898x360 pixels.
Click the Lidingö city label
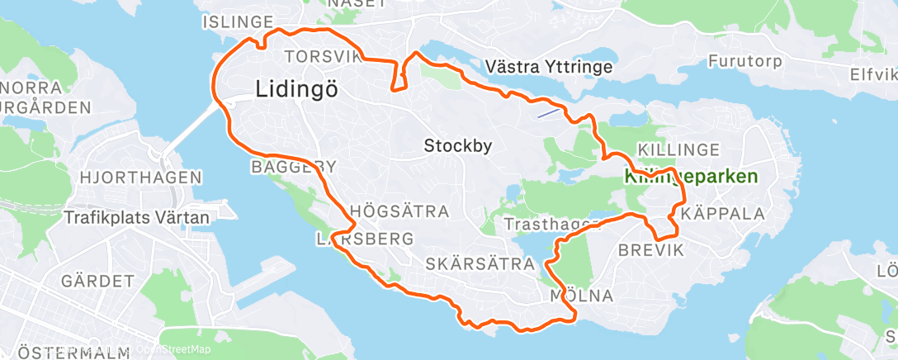tap(297, 89)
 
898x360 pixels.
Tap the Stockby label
tap(458, 146)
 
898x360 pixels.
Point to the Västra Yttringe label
tap(549, 66)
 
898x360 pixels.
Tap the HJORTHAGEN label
tap(141, 177)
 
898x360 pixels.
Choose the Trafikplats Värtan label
tap(137, 217)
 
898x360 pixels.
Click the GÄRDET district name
tap(97, 280)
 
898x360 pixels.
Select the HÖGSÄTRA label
tap(400, 211)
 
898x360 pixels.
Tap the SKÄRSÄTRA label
tap(480, 263)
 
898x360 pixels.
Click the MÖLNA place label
tap(581, 296)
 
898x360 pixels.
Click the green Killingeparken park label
tap(692, 177)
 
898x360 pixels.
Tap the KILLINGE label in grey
tap(679, 149)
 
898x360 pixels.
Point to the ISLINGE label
tap(237, 21)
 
